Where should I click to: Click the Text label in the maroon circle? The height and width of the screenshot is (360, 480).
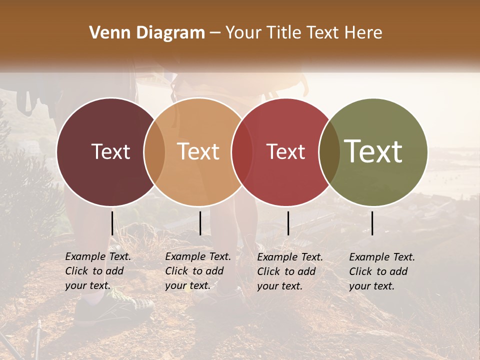pos(110,151)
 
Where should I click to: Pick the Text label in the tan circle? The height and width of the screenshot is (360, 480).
pos(198,151)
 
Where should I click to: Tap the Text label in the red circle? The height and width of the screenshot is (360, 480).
pos(285,151)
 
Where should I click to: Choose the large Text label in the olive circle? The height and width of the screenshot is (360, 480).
pos(373,151)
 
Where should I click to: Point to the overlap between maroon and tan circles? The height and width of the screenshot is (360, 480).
pos(154,151)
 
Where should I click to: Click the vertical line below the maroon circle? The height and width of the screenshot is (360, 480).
pos(112,223)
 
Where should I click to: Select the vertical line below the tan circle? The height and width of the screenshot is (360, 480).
pos(200,223)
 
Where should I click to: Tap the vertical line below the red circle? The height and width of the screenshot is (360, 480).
pos(288,223)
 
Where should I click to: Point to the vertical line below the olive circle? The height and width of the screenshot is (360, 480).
pos(372,223)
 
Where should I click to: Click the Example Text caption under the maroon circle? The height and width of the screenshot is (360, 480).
pos(97,271)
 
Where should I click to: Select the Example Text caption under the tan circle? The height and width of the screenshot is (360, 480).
pos(197,271)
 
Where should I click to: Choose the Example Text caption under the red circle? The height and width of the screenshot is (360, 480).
pos(289,271)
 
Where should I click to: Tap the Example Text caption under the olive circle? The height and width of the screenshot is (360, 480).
pos(381,271)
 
